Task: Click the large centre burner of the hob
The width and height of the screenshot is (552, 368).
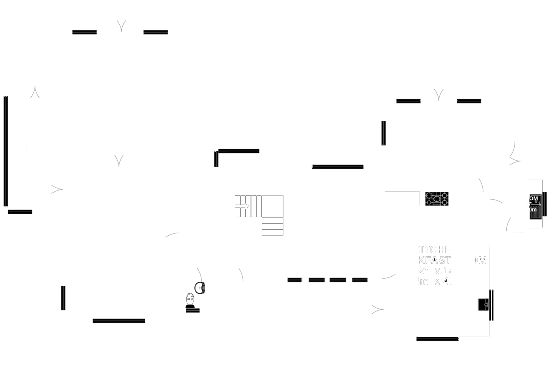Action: coord(437,199)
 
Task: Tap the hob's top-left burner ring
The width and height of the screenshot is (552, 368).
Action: coord(429,195)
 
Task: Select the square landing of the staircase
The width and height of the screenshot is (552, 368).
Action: coord(273,206)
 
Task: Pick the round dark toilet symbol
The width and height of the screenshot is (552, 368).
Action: coord(199,288)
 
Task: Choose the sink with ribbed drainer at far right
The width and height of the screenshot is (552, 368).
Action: coord(535,207)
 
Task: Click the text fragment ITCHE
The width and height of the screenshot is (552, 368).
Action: coord(435,250)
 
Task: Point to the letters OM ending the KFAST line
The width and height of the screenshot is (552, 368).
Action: coord(480,260)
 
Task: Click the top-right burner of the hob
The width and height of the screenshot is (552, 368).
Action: coord(445,195)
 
